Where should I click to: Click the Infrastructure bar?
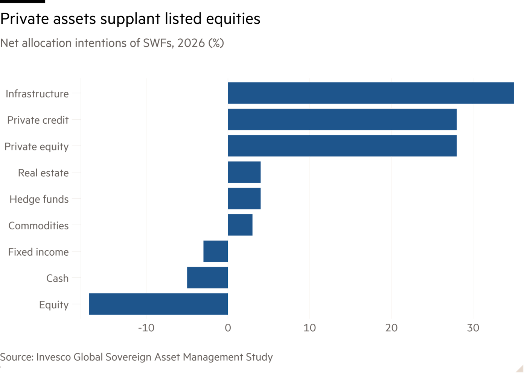pyautogui.click(x=371, y=93)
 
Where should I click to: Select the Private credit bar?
pyautogui.click(x=342, y=120)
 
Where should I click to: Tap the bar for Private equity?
pyautogui.click(x=342, y=146)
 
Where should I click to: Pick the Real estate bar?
pyautogui.click(x=244, y=172)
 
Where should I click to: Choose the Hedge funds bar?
pyautogui.click(x=244, y=199)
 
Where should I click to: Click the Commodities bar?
pyautogui.click(x=240, y=225)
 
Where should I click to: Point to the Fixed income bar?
pyautogui.click(x=216, y=251)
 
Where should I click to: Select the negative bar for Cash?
pyautogui.click(x=207, y=277)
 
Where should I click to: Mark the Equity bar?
pyautogui.click(x=158, y=304)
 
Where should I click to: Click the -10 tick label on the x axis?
pyautogui.click(x=146, y=328)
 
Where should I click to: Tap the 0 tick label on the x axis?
pyautogui.click(x=228, y=328)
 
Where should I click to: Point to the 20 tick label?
pyautogui.click(x=391, y=328)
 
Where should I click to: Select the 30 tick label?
pyautogui.click(x=473, y=328)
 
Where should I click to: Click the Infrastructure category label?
pyautogui.click(x=37, y=94)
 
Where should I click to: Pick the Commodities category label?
pyautogui.click(x=38, y=226)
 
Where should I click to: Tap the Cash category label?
pyautogui.click(x=57, y=278)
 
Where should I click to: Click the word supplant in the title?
pyautogui.click(x=130, y=19)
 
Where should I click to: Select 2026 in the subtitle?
pyautogui.click(x=191, y=43)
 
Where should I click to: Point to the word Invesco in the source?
pyautogui.click(x=53, y=357)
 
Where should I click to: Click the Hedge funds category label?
pyautogui.click(x=39, y=200)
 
